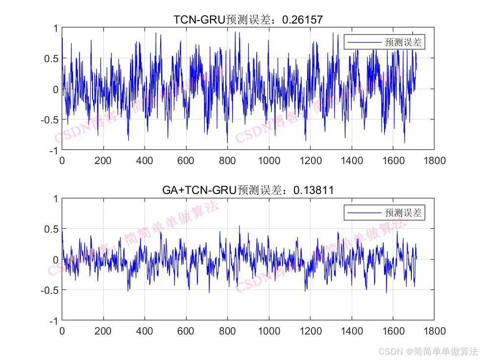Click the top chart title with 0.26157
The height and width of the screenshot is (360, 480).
tap(248, 20)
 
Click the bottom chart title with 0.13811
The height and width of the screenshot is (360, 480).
tap(248, 190)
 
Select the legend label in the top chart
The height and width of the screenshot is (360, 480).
tap(403, 43)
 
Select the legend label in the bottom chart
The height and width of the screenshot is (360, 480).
tap(403, 213)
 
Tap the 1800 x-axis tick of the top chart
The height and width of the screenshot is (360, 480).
tap(434, 161)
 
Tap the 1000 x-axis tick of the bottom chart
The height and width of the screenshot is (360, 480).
tap(269, 331)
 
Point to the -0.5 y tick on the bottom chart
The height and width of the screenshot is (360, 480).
tap(48, 290)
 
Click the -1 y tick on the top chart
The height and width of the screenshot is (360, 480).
tap(52, 150)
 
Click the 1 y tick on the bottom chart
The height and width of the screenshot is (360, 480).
tap(55, 199)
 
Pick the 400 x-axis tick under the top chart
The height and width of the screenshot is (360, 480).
tap(144, 161)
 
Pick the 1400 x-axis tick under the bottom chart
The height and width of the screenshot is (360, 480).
tap(352, 331)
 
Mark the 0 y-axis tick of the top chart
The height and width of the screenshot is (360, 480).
tap(55, 89)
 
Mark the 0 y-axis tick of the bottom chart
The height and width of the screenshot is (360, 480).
tap(55, 260)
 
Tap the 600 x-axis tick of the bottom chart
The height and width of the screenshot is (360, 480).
tap(186, 331)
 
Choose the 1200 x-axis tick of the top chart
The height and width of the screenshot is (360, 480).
tap(311, 161)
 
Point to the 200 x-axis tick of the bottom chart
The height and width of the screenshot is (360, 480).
tap(103, 331)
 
